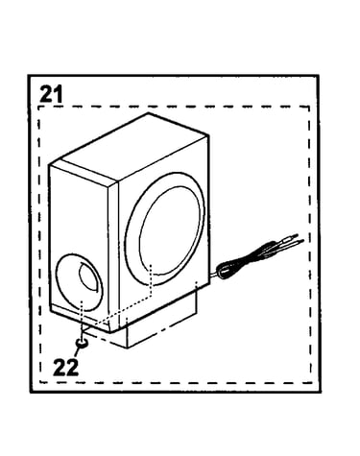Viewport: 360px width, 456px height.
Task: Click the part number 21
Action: pyautogui.click(x=51, y=94)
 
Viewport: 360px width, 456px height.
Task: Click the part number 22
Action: pyautogui.click(x=65, y=367)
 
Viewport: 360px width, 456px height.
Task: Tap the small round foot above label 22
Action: pyautogui.click(x=82, y=344)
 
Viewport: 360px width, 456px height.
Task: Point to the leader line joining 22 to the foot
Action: pyautogui.click(x=77, y=352)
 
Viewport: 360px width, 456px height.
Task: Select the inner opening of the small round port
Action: pyautogui.click(x=87, y=276)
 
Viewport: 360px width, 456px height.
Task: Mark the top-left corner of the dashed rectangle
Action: pyautogui.click(x=38, y=107)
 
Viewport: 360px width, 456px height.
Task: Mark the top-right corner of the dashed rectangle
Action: pyautogui.click(x=309, y=107)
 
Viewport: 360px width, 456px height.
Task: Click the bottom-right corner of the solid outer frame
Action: pyautogui.click(x=320, y=392)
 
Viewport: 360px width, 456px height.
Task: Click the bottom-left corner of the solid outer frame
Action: pyautogui.click(x=31, y=392)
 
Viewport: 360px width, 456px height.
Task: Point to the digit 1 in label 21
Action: pyautogui.click(x=58, y=94)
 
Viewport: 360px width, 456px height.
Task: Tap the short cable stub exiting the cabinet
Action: pyautogui.click(x=213, y=275)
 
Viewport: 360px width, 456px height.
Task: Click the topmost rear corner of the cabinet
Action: pyautogui.click(x=148, y=113)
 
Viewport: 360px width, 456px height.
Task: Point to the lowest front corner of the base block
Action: pyautogui.click(x=128, y=348)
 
